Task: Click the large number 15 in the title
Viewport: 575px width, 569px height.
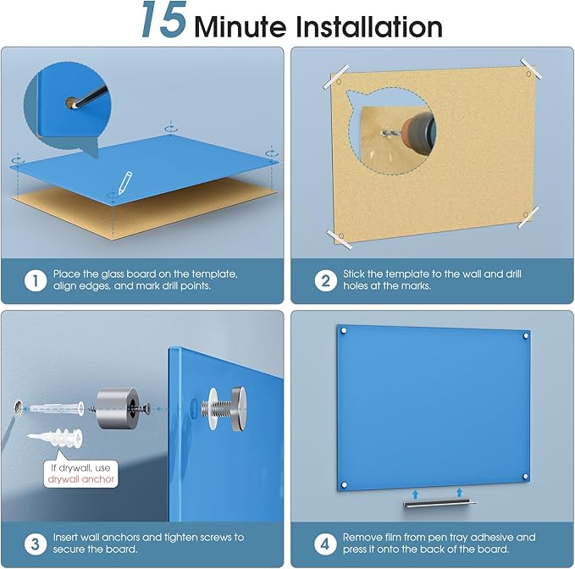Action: pyautogui.click(x=164, y=19)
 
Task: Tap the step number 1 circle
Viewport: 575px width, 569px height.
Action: pyautogui.click(x=36, y=281)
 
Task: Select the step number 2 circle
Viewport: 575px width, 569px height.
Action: pyautogui.click(x=326, y=281)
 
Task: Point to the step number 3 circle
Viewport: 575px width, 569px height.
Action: pyautogui.click(x=36, y=544)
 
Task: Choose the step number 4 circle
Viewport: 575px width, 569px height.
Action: pyautogui.click(x=325, y=544)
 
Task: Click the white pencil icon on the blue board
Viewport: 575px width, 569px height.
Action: pyautogui.click(x=124, y=183)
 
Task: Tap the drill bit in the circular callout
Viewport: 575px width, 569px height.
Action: pyautogui.click(x=388, y=132)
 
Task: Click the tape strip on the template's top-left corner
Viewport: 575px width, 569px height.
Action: pyautogui.click(x=335, y=76)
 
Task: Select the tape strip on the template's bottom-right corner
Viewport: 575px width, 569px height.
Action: pyautogui.click(x=528, y=217)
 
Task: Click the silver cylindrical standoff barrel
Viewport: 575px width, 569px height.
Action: pyautogui.click(x=118, y=407)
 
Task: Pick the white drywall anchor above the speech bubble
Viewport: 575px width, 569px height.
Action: pyautogui.click(x=55, y=438)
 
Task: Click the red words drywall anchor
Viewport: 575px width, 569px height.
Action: pyautogui.click(x=81, y=479)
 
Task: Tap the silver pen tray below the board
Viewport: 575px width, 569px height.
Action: pyautogui.click(x=440, y=503)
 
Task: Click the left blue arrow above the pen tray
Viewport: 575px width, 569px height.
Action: pyautogui.click(x=415, y=494)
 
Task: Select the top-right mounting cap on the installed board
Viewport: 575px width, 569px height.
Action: pyautogui.click(x=526, y=335)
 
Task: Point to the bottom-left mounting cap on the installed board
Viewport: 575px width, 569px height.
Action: pyautogui.click(x=345, y=485)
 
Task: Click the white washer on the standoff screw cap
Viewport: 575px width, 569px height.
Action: pyautogui.click(x=213, y=408)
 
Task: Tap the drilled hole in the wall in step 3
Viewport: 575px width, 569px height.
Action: pyautogui.click(x=19, y=408)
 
